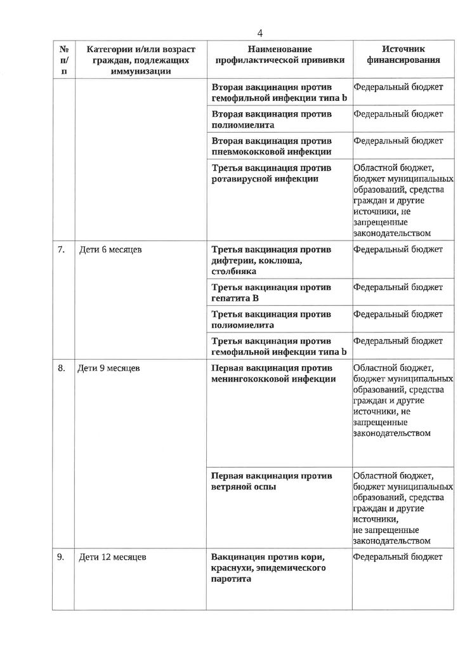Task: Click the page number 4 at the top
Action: point(260,33)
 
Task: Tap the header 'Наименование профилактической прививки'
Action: point(280,55)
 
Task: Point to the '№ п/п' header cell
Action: point(63,60)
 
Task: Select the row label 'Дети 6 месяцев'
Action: point(110,249)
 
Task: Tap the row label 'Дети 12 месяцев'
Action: point(112,557)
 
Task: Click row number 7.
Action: point(62,249)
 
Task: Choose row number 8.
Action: point(62,368)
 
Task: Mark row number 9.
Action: point(61,557)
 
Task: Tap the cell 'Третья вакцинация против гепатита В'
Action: point(271,293)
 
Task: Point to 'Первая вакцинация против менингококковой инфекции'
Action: point(273,374)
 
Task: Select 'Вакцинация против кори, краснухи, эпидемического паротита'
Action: point(268,568)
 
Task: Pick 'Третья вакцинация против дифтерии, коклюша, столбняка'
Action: point(271,260)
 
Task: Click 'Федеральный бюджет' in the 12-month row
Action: point(398,557)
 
